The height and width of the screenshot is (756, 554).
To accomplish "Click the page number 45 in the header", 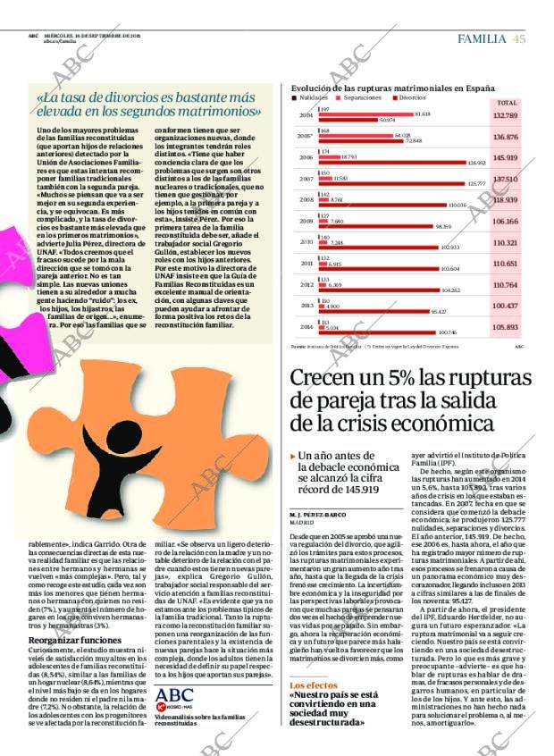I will pyautogui.click(x=519, y=38).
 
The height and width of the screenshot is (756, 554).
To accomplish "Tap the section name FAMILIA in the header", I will pyautogui.click(x=483, y=38).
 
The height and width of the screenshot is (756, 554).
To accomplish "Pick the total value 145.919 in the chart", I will pyautogui.click(x=505, y=158).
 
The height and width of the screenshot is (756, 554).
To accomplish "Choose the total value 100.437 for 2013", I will pyautogui.click(x=505, y=306).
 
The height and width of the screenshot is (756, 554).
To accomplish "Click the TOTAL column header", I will pyautogui.click(x=506, y=103).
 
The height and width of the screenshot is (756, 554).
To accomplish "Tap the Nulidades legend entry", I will pyautogui.click(x=310, y=97).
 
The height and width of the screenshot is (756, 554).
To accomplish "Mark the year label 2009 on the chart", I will pyautogui.click(x=306, y=221).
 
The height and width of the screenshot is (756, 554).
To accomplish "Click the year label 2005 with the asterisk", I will pyautogui.click(x=306, y=137).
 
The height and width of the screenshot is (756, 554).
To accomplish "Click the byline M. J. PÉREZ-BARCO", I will pyautogui.click(x=317, y=515).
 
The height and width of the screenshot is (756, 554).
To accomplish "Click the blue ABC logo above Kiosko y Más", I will pyautogui.click(x=173, y=695).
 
